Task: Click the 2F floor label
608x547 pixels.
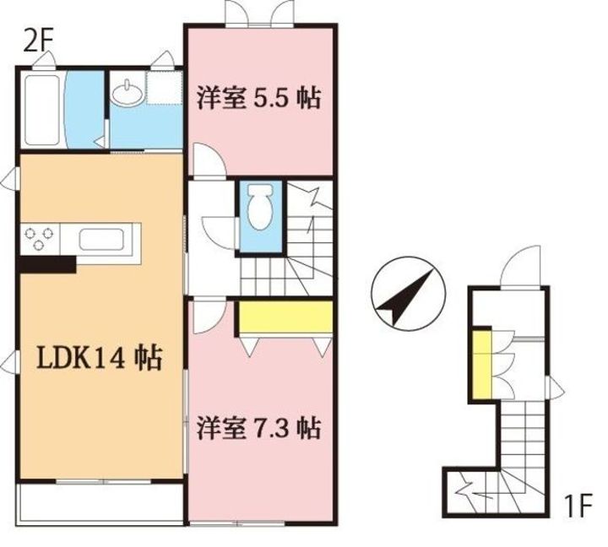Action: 37,43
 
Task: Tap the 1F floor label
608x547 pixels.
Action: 578,505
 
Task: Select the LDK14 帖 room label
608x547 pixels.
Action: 99,360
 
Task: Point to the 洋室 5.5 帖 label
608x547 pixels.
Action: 259,98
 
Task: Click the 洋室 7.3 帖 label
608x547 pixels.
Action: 259,428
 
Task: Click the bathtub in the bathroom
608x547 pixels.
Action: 42,110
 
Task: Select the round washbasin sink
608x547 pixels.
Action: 128,93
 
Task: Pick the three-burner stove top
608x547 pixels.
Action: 39,239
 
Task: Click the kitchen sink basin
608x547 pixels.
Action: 100,239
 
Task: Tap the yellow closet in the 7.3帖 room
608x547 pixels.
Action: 285,317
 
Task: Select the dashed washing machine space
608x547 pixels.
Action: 164,88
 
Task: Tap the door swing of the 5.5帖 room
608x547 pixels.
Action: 209,160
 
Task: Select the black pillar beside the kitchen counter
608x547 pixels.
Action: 47,265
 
